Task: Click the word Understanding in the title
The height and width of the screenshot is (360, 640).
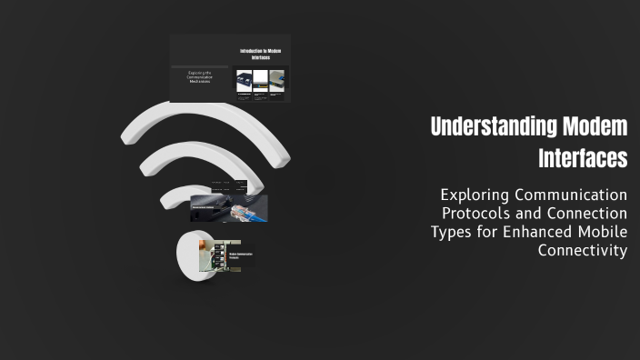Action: (485, 126)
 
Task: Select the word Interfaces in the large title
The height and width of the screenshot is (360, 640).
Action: (583, 158)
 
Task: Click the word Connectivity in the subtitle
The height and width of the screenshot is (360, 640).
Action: (583, 250)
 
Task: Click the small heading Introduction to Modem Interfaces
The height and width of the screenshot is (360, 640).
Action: (260, 54)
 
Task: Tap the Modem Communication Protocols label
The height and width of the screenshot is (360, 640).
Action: (240, 255)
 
